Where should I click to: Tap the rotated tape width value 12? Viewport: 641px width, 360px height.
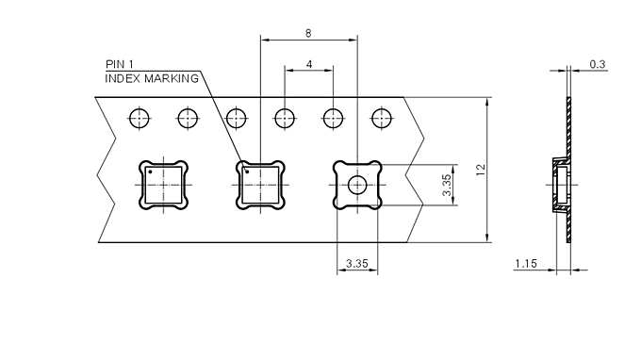click(x=480, y=169)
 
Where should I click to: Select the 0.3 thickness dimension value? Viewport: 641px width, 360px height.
click(x=597, y=64)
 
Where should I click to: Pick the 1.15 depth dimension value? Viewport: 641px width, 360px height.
click(x=525, y=264)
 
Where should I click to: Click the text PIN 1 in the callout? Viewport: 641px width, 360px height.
click(x=120, y=64)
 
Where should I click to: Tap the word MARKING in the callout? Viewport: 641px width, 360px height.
click(x=171, y=78)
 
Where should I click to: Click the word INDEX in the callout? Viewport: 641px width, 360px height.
click(x=123, y=78)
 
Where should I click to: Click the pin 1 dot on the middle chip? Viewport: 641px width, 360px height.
click(x=247, y=172)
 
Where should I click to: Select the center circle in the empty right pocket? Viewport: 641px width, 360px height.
click(x=357, y=185)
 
